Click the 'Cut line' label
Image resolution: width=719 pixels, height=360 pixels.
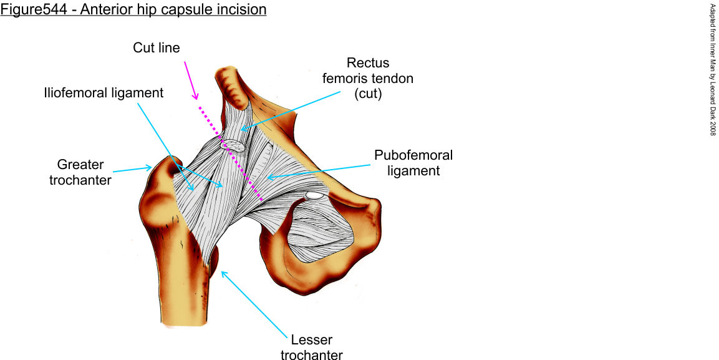pos(156,48)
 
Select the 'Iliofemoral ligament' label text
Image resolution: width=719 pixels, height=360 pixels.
pos(104,93)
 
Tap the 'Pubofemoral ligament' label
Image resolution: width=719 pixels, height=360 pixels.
pos(413,162)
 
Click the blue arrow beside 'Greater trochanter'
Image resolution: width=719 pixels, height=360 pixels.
pos(132,168)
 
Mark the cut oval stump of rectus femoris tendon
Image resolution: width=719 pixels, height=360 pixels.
pos(234,145)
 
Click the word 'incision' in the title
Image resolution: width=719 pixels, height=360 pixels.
pos(243,10)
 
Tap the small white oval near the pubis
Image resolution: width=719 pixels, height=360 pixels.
pos(314,196)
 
